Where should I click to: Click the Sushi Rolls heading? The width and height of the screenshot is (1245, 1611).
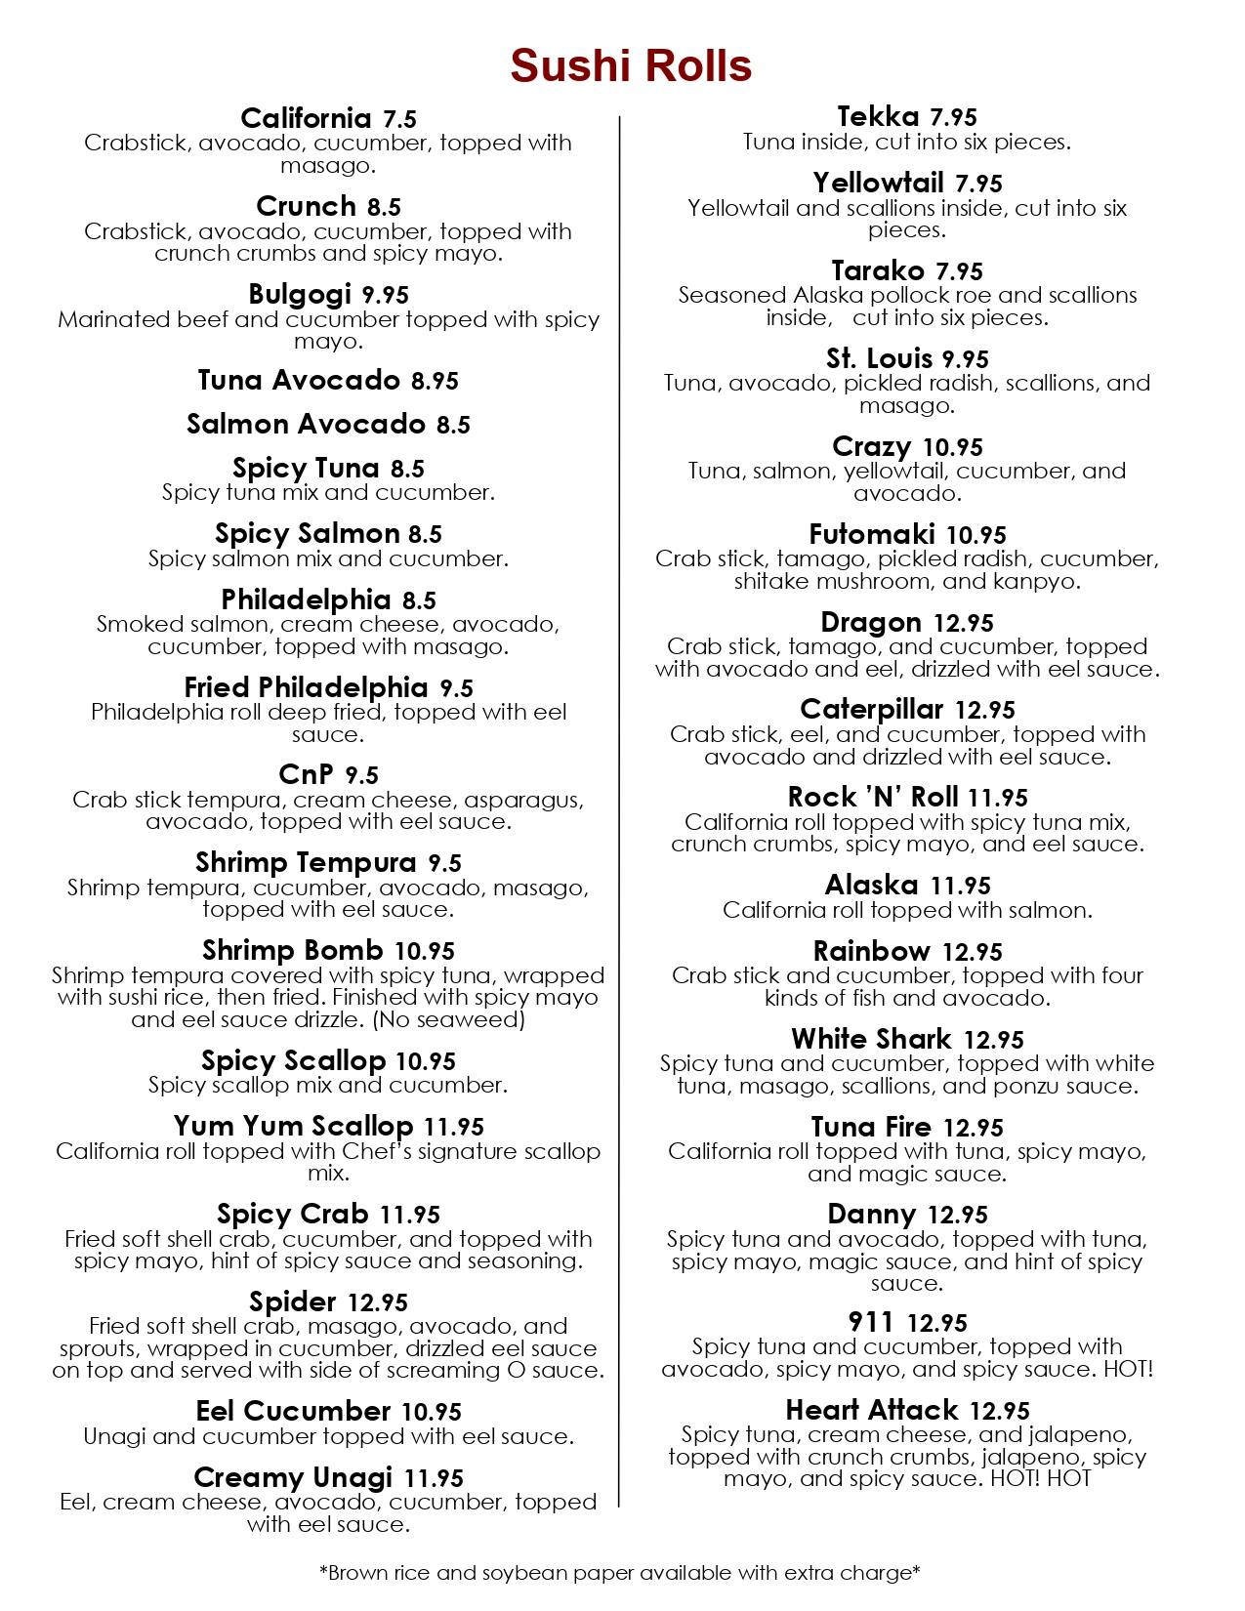click(x=630, y=65)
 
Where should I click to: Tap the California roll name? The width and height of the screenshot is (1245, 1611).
click(x=306, y=118)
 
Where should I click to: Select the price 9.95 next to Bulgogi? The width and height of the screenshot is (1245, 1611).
click(x=385, y=295)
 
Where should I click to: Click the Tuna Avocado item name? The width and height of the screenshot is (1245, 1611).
click(x=299, y=380)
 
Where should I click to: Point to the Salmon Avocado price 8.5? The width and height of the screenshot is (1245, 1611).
click(x=453, y=425)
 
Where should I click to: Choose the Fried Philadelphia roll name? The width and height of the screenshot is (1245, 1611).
click(x=306, y=688)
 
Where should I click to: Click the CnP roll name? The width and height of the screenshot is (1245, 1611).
click(x=307, y=775)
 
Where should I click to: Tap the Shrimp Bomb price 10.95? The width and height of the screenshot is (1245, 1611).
click(x=425, y=951)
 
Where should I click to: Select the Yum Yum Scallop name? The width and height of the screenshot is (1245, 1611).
click(x=293, y=1127)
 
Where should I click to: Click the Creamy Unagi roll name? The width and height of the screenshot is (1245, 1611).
click(x=293, y=1477)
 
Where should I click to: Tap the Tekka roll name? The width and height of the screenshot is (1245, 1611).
click(x=878, y=117)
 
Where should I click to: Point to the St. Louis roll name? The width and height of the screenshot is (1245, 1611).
click(x=879, y=358)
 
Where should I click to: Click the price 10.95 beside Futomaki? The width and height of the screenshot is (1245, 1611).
click(x=976, y=535)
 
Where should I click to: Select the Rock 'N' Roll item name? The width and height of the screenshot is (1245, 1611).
click(x=873, y=797)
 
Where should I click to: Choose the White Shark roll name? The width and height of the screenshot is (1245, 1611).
click(x=871, y=1039)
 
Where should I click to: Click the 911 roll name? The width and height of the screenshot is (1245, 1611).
click(x=871, y=1322)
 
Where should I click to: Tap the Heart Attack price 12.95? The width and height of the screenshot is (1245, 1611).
click(x=1000, y=1411)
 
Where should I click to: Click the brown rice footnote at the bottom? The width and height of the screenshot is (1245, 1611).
click(x=620, y=1573)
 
